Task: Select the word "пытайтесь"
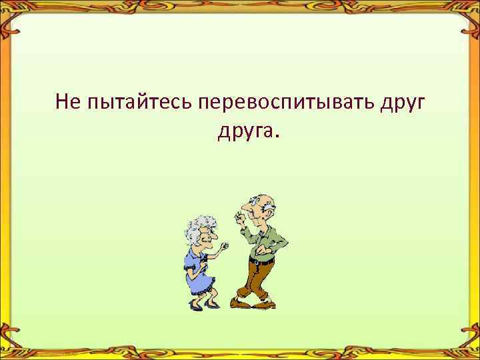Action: [138, 103]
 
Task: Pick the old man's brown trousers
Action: [257, 280]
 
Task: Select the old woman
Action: [202, 263]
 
